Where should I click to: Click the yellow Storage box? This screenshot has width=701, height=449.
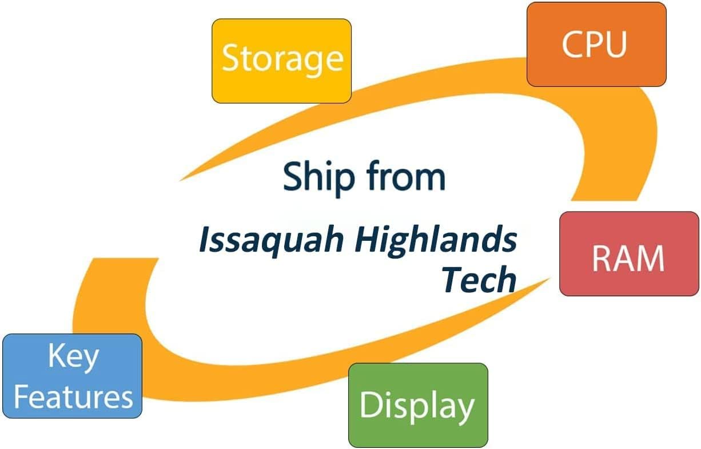tap(281, 61)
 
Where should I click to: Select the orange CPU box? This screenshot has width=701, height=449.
tap(596, 44)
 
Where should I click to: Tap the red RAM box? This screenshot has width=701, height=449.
tap(628, 253)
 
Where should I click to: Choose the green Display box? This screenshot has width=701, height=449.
tap(418, 405)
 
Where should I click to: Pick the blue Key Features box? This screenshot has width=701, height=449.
tap(72, 376)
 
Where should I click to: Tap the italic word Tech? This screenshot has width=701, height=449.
tap(479, 279)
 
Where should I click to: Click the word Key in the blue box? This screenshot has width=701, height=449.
tap(73, 356)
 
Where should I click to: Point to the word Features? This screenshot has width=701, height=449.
tap(73, 396)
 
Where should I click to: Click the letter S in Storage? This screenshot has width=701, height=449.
tap(230, 58)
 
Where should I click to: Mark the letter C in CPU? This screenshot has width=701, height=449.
tap(572, 44)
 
